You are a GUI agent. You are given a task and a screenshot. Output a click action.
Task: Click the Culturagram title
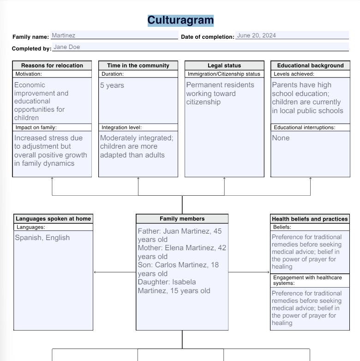[x=180, y=20]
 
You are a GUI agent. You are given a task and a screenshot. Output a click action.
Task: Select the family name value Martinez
[x=64, y=36]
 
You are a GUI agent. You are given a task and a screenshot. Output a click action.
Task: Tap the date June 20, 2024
[x=256, y=36]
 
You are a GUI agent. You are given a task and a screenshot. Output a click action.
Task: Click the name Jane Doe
[x=63, y=47]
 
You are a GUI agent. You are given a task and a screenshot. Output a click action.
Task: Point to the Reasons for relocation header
[x=52, y=66]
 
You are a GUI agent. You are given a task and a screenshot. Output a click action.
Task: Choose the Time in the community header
[x=138, y=66]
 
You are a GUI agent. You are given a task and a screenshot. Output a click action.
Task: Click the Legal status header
[x=224, y=66]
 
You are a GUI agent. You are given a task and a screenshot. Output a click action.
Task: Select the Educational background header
[x=310, y=66]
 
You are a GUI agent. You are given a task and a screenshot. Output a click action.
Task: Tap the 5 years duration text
[x=112, y=85]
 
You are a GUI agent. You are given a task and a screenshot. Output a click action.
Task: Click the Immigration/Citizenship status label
[x=224, y=74]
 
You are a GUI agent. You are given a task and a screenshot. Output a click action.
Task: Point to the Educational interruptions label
[x=305, y=127]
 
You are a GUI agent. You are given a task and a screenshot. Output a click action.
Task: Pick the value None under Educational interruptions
[x=281, y=138]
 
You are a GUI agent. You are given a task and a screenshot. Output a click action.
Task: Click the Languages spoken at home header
[x=53, y=219]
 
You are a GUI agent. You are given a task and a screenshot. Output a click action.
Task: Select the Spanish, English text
[x=42, y=238]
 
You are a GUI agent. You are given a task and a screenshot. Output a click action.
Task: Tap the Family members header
[x=182, y=219]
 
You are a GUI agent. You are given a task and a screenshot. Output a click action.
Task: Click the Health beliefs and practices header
[x=310, y=219]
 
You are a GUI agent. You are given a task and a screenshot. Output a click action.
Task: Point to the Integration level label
[x=121, y=127]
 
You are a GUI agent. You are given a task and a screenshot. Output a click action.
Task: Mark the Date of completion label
[x=207, y=37]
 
